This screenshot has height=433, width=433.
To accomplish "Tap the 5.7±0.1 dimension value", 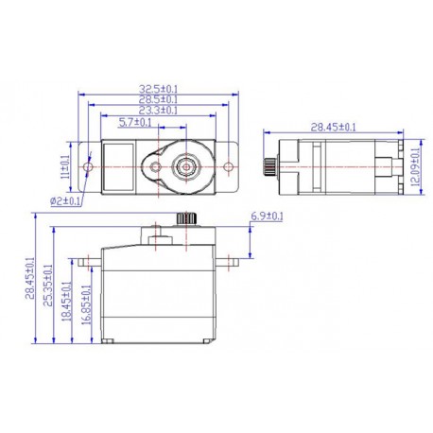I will pyautogui.click(x=137, y=122).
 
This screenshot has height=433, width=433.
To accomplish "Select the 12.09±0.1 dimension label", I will pyautogui.click(x=417, y=166).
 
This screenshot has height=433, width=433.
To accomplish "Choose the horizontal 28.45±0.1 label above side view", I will pyautogui.click(x=334, y=126).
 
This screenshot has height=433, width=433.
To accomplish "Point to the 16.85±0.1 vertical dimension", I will pyautogui.click(x=88, y=309).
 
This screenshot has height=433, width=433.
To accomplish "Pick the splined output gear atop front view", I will pyautogui.click(x=185, y=220).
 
